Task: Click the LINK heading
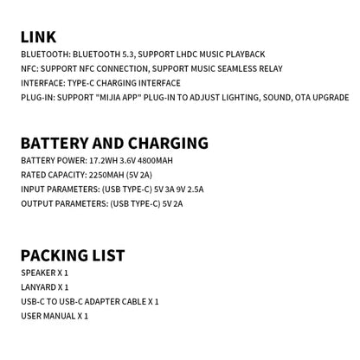point(39,36)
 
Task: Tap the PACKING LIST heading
point(73,255)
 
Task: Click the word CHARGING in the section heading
point(168,144)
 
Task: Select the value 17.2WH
point(106,161)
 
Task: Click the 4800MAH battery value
point(155,161)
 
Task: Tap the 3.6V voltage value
point(128,161)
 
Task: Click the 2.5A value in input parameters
point(195,190)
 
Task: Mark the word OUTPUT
point(37,204)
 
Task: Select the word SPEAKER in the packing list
point(37,273)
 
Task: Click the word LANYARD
point(37,287)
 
